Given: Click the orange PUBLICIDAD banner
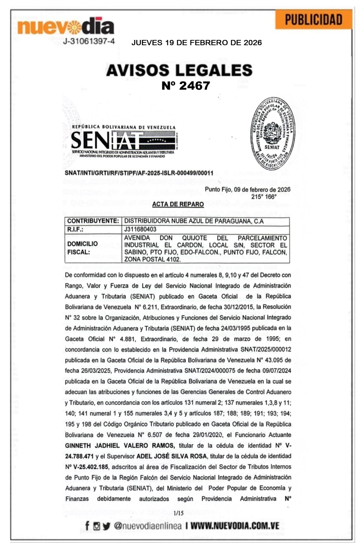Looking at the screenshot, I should tap(313, 20).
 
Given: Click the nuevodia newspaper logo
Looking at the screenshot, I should tap(66, 27).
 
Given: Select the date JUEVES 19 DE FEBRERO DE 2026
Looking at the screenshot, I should tap(196, 43).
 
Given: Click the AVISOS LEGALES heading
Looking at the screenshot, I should tap(179, 70).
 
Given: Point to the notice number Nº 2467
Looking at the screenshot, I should tap(185, 85).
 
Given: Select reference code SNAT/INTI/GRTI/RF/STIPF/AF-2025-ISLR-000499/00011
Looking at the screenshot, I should tap(139, 173).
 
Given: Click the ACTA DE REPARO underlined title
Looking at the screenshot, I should tap(178, 204).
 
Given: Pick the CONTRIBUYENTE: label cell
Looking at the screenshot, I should tap(93, 221).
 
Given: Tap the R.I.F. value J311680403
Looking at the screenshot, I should tap(140, 229).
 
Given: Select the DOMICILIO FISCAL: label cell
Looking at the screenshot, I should tap(83, 248).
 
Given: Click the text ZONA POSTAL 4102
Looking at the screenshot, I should tap(152, 260).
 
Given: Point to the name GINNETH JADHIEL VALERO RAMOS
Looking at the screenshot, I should tap(120, 446).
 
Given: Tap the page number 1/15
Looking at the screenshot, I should tap(178, 513).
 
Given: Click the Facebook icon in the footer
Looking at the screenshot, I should tap(87, 526).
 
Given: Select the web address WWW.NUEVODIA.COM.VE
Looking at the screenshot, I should tap(235, 526).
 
